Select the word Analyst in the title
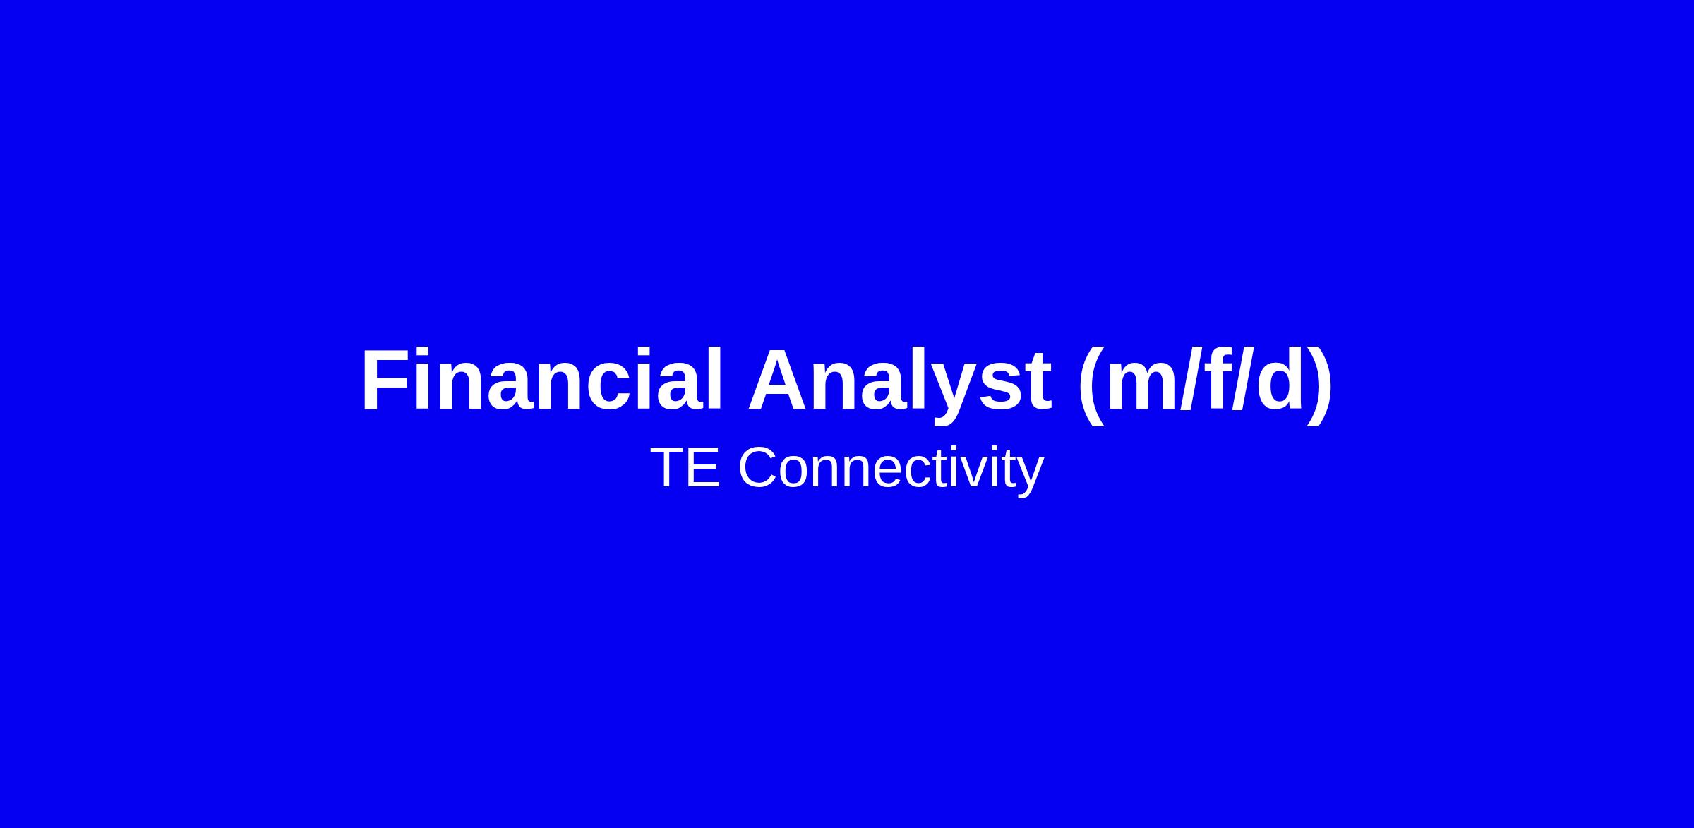point(899,385)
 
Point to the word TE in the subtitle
point(685,467)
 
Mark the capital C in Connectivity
point(760,467)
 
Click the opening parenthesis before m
point(1091,385)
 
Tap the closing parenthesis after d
point(1319,385)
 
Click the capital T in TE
point(668,467)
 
